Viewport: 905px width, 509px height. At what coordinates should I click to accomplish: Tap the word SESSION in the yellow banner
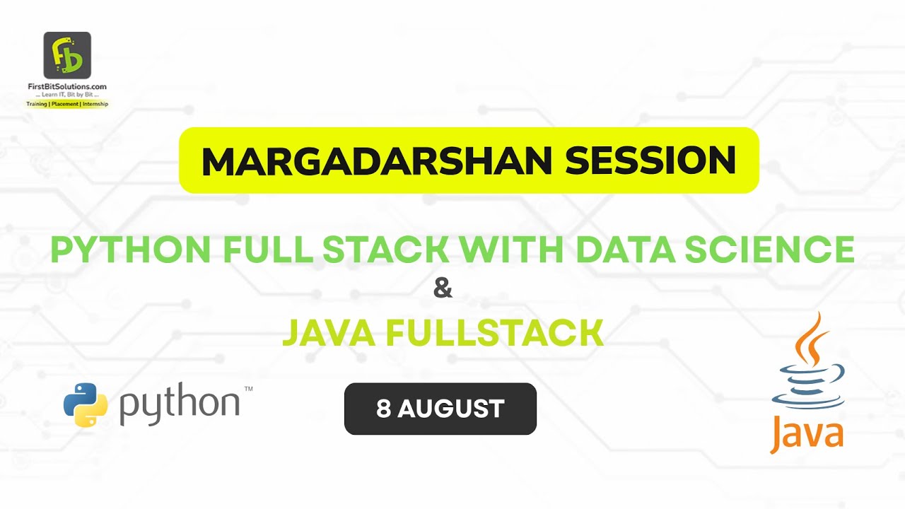[x=650, y=161]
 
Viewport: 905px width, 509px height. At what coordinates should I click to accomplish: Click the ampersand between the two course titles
[x=443, y=289]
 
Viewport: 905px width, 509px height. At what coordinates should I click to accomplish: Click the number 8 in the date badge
[x=384, y=409]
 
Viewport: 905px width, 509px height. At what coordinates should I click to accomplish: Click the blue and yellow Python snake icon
[x=86, y=405]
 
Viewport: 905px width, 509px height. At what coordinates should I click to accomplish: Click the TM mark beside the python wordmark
[x=248, y=389]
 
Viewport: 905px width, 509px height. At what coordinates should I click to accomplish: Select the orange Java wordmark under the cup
[x=807, y=433]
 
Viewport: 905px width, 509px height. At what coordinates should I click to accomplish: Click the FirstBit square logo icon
[x=67, y=55]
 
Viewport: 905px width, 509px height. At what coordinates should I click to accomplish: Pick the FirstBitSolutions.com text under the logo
[x=66, y=86]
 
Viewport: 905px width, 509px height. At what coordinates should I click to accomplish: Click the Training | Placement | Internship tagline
[x=66, y=103]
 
